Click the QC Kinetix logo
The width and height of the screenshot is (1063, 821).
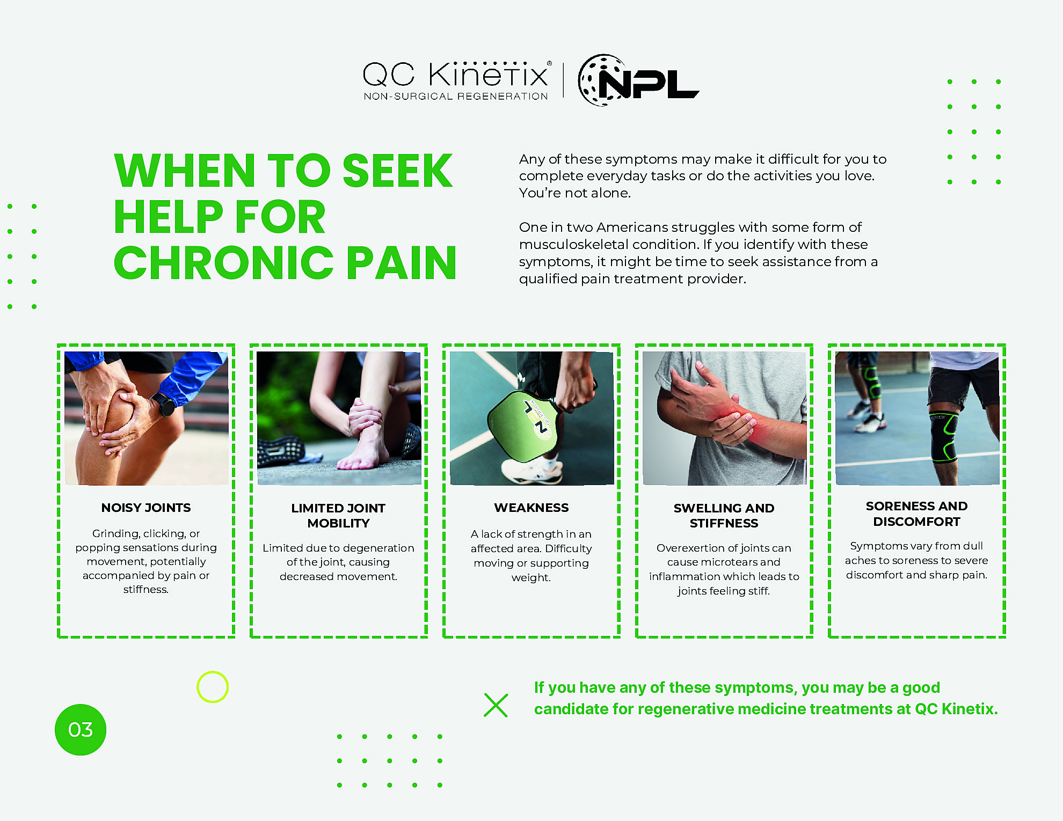456,80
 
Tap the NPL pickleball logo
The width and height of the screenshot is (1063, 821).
638,80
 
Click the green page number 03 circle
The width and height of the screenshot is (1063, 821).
81,730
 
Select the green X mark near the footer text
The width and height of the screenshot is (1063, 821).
496,705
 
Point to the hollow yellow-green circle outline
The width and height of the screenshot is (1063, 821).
213,671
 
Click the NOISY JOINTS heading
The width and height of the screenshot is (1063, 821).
146,508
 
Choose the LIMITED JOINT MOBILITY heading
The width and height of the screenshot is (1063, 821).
338,516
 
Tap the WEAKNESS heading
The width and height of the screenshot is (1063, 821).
531,508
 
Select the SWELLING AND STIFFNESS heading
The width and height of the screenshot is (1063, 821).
724,516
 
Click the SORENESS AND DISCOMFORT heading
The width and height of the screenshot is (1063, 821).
916,514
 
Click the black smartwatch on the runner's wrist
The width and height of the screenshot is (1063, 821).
165,404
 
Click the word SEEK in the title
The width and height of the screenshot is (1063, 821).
398,171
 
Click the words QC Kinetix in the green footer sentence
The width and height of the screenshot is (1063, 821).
956,709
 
